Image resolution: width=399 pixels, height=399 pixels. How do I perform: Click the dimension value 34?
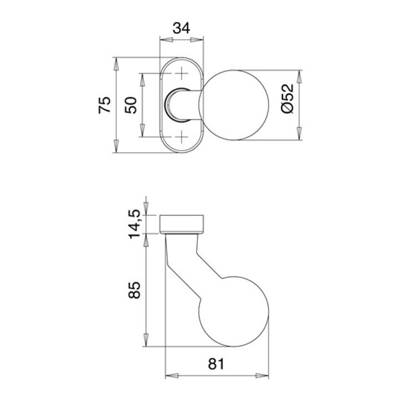point(181,28)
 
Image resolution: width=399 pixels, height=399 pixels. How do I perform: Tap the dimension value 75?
point(105,105)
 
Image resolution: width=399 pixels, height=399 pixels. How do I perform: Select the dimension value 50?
point(131,105)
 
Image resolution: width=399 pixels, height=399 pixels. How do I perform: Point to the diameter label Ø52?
point(287,99)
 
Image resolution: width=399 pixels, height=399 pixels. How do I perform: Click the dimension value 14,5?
point(134,224)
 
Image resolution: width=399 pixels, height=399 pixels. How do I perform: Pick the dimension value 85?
point(134,290)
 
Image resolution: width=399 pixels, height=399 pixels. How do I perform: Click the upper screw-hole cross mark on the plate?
point(181,73)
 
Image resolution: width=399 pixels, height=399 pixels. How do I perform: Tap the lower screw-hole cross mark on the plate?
point(181,137)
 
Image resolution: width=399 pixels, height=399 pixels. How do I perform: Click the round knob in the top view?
point(234,105)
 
